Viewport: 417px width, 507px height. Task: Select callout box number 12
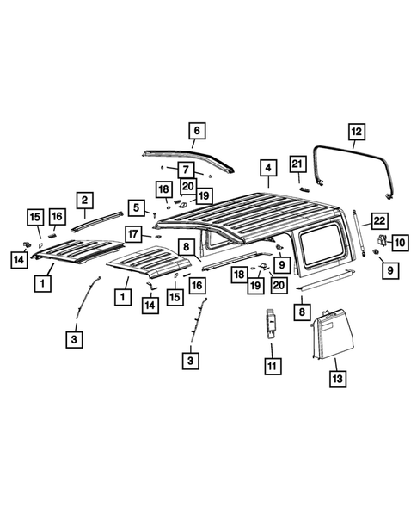pos(355,131)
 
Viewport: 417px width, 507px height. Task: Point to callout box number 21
pos(297,164)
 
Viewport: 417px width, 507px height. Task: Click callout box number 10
pos(400,244)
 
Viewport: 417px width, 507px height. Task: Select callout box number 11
pos(273,367)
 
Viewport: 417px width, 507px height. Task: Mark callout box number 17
pos(133,233)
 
